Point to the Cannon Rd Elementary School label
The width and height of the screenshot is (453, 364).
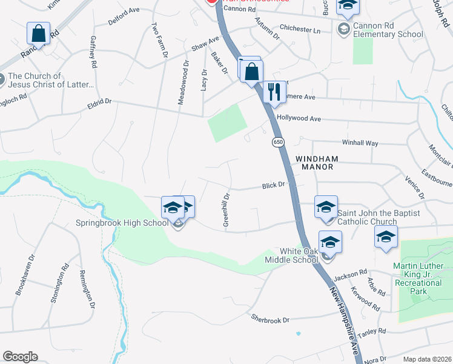[387, 30]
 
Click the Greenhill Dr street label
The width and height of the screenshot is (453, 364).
[226, 210]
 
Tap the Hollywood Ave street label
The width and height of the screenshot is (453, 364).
[299, 119]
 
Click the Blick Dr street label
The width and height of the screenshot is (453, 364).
[273, 186]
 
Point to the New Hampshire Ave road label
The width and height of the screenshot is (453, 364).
[344, 322]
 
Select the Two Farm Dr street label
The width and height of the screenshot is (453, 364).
[159, 41]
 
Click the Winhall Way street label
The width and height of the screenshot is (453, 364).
[360, 143]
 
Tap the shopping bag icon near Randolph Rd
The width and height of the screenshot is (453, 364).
[38, 34]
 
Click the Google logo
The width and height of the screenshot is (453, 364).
[20, 357]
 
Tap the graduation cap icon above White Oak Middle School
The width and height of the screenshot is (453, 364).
[330, 243]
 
